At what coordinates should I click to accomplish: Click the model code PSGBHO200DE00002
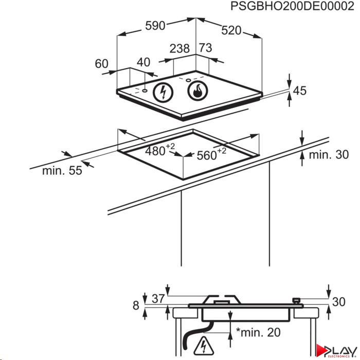pyautogui.click(x=292, y=6)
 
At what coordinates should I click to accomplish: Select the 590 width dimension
pyautogui.click(x=155, y=26)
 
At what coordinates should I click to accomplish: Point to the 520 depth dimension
pyautogui.click(x=231, y=30)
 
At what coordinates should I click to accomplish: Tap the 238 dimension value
pyautogui.click(x=179, y=48)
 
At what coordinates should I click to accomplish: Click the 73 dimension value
pyautogui.click(x=205, y=48)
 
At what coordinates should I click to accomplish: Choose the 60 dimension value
pyautogui.click(x=101, y=64)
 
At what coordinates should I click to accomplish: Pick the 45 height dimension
pyautogui.click(x=300, y=91)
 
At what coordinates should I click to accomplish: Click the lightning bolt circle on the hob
pyautogui.click(x=163, y=92)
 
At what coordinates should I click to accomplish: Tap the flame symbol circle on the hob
pyautogui.click(x=197, y=91)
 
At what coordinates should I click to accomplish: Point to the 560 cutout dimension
pyautogui.click(x=211, y=154)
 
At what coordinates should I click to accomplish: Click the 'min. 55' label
pyautogui.click(x=62, y=171)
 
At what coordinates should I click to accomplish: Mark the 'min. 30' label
pyautogui.click(x=329, y=154)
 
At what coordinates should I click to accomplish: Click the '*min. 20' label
pyautogui.click(x=258, y=332)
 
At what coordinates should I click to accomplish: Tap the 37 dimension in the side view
pyautogui.click(x=158, y=299)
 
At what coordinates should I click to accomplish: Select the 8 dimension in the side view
pyautogui.click(x=136, y=305)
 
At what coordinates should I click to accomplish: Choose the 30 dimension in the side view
pyautogui.click(x=338, y=302)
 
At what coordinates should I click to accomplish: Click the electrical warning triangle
pyautogui.click(x=204, y=346)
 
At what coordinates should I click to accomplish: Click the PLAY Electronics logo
pyautogui.click(x=336, y=351)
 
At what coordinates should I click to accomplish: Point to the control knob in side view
pyautogui.click(x=296, y=300)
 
